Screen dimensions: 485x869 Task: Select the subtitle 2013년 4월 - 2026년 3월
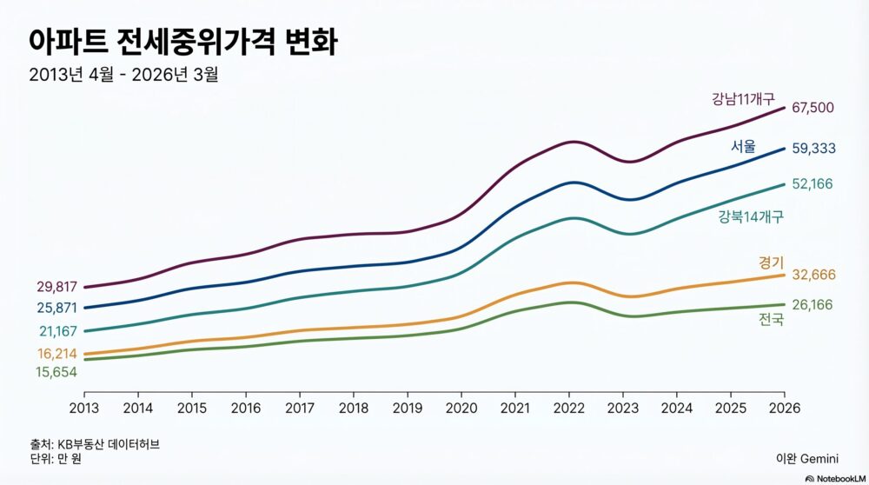[123, 74]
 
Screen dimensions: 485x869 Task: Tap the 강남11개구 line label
[743, 99]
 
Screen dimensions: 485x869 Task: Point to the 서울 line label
[743, 146]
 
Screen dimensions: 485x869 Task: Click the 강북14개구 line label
[751, 216]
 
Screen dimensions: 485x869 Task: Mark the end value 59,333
[813, 149]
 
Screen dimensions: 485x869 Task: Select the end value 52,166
[813, 183]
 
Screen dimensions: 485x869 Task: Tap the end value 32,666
[813, 275]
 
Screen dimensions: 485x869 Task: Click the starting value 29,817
[56, 287]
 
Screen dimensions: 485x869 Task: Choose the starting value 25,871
[56, 308]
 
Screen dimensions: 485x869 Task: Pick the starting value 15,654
[56, 372]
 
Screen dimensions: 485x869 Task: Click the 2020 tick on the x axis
[461, 408]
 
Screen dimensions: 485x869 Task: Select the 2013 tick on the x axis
[84, 408]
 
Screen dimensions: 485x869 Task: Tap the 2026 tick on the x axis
[785, 408]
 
